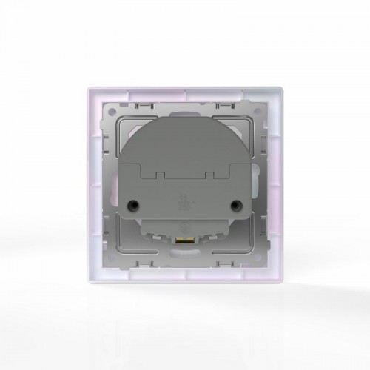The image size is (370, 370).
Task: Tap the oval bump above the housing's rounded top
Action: (184, 112)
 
